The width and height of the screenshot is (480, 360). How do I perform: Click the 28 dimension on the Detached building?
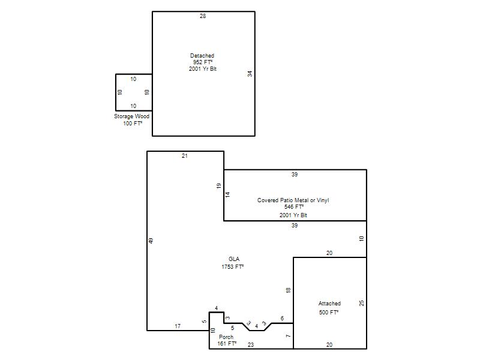[x=203, y=16]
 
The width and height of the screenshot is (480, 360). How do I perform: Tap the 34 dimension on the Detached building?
[x=250, y=74]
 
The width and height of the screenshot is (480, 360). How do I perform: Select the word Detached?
[x=202, y=56]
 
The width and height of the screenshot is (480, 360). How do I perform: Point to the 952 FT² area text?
[x=203, y=62]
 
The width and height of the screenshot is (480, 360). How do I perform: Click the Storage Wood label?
[x=131, y=116]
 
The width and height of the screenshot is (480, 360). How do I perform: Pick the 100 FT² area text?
[x=133, y=124]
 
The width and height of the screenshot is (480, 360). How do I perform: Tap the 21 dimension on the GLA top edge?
[x=185, y=156]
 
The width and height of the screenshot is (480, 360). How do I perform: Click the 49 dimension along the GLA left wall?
[x=151, y=241]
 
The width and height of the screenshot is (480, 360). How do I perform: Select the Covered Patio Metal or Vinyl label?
[x=293, y=200]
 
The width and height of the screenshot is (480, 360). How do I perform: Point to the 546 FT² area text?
[x=294, y=207]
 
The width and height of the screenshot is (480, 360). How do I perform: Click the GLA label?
[x=234, y=259]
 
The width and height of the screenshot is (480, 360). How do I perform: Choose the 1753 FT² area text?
[x=233, y=266]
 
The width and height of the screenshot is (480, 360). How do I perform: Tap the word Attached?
[x=329, y=304]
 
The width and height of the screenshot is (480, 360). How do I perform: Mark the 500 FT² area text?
[x=329, y=312]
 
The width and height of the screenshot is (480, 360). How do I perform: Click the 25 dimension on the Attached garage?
[x=362, y=303]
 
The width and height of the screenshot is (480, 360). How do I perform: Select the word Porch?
[x=226, y=337]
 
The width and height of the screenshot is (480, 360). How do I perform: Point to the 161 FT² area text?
[x=227, y=343]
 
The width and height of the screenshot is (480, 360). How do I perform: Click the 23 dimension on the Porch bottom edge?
[x=251, y=344]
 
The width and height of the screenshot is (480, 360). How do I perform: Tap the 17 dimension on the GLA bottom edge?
[x=178, y=326]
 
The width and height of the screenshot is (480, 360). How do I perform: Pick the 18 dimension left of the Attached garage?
[x=288, y=290]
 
